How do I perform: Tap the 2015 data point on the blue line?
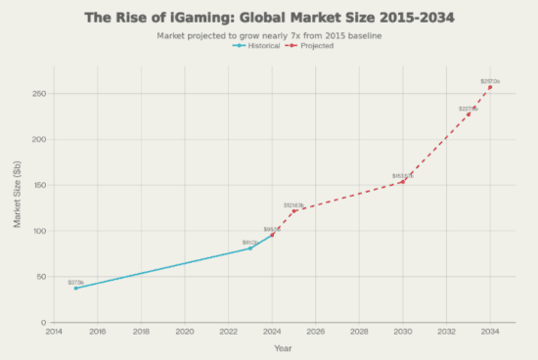click(75, 288)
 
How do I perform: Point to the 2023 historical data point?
click(250, 247)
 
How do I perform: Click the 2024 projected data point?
click(272, 235)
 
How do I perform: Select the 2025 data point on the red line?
click(293, 211)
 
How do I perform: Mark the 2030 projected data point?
click(403, 182)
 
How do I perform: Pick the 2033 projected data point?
click(469, 114)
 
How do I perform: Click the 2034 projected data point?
click(490, 87)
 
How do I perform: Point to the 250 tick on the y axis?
click(39, 94)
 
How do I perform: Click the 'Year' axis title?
click(283, 348)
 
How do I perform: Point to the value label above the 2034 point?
click(490, 80)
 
